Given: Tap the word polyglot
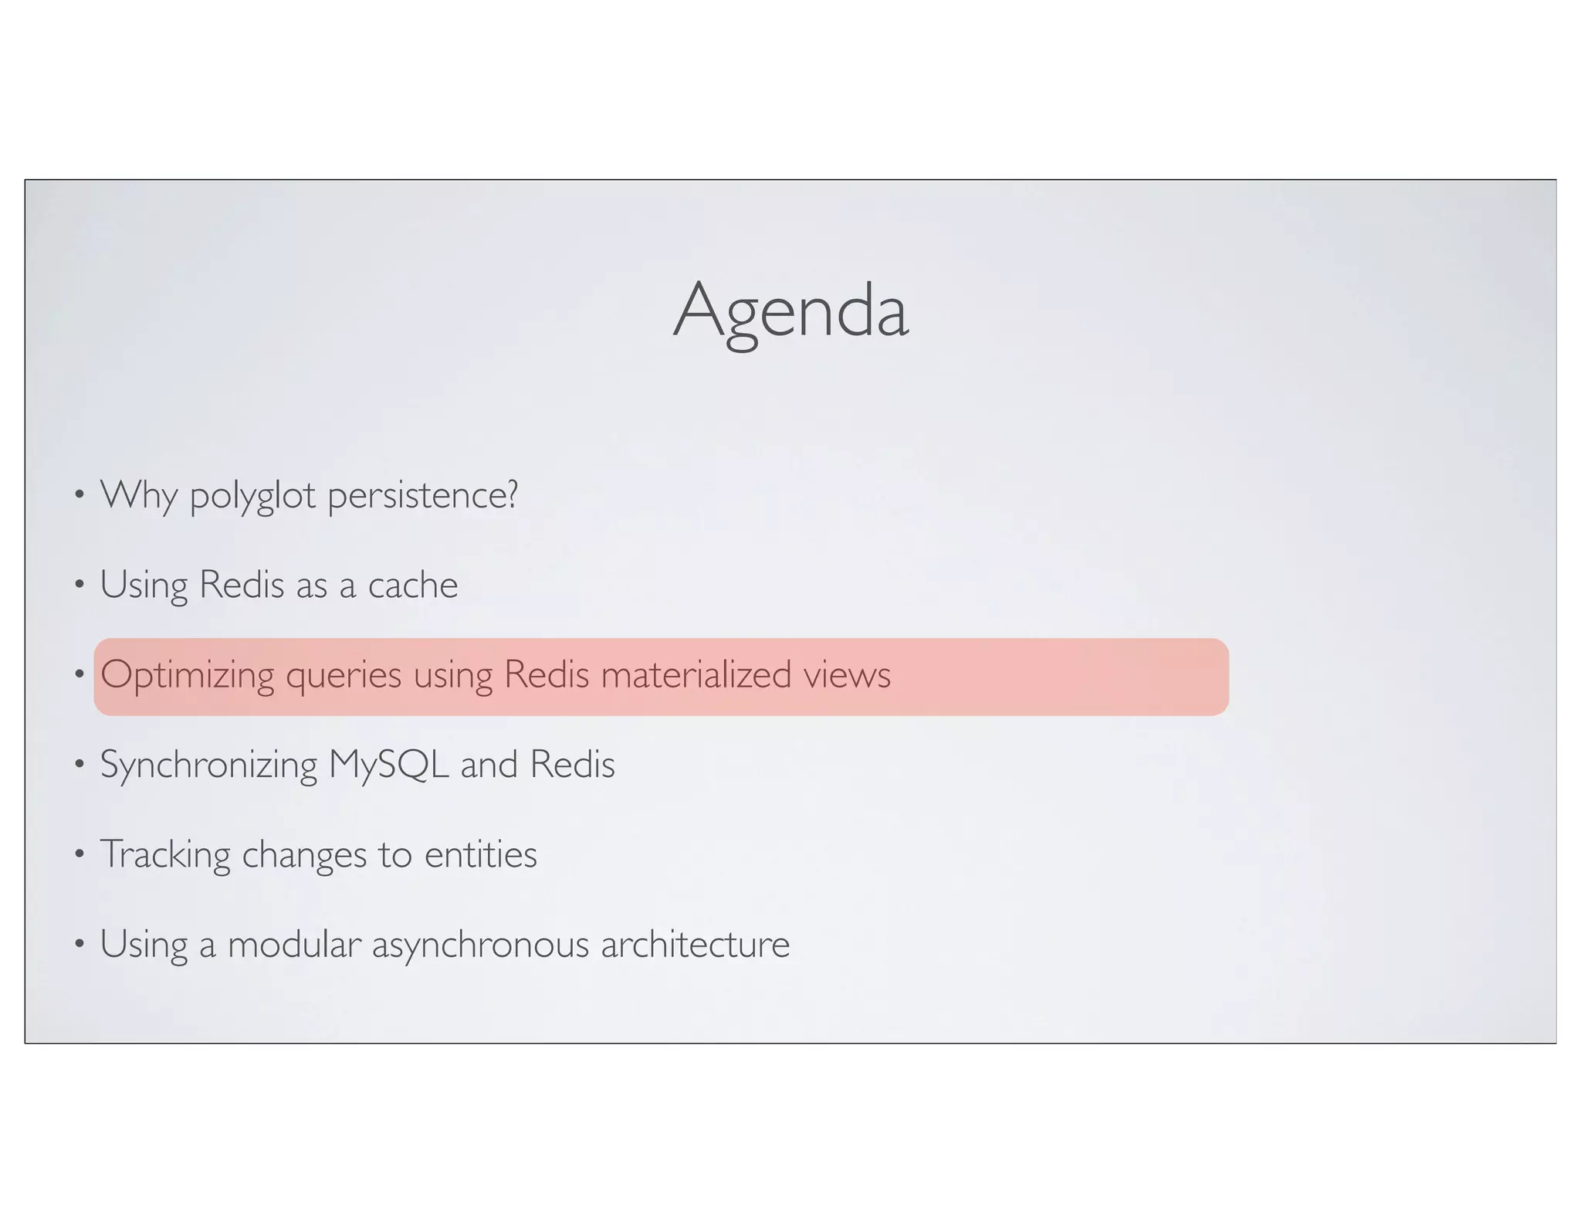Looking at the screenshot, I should (x=252, y=495).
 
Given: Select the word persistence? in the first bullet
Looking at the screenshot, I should (x=422, y=495).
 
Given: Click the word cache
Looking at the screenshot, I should (x=412, y=585).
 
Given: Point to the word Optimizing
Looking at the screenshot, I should (x=188, y=675).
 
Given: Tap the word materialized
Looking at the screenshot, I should (x=696, y=674).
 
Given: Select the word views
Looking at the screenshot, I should (x=847, y=675).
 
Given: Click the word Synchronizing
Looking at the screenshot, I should (x=208, y=765).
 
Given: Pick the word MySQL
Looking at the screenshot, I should (x=388, y=765).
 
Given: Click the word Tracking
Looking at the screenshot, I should (x=165, y=855).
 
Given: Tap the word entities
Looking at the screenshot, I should (x=480, y=854).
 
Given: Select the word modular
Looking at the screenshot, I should (x=294, y=944).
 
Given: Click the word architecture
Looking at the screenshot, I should (x=695, y=944).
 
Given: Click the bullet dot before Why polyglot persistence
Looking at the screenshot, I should (x=79, y=495).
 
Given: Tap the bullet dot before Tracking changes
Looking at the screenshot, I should (x=79, y=854).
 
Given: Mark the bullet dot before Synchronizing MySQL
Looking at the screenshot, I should (x=79, y=765).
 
